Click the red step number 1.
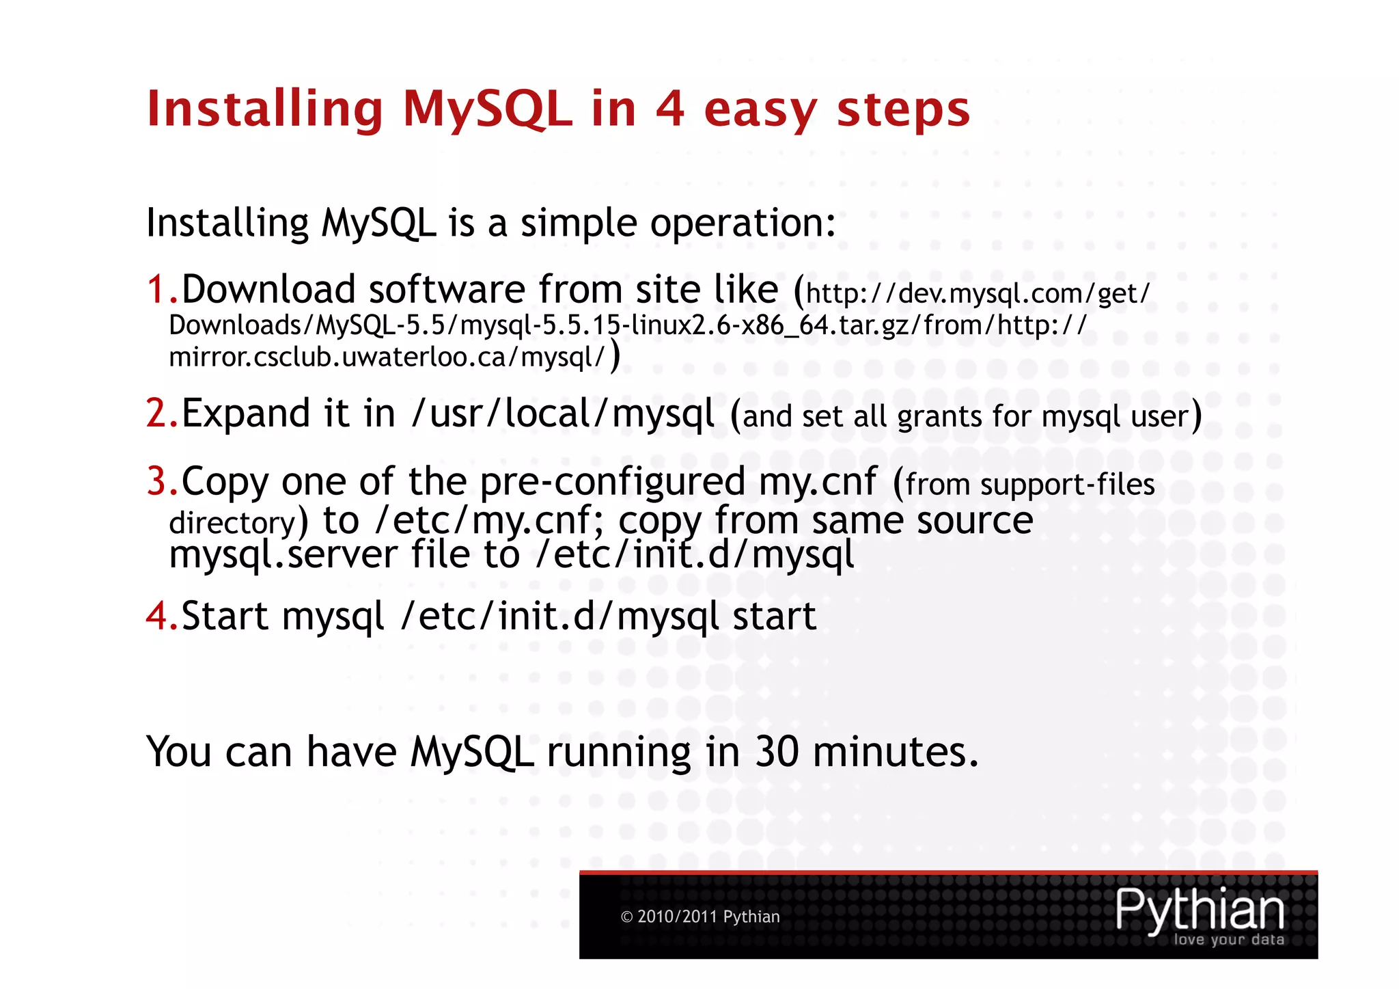coord(157,289)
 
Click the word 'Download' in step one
coord(268,289)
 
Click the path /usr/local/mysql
coord(563,414)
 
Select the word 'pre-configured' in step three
coord(612,481)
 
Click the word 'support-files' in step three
coord(1067,485)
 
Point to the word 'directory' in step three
coord(232,524)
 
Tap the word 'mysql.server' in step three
coord(283,554)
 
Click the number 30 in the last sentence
coord(777,752)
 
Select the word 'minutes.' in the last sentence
coord(896,752)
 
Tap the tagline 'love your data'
coord(1228,940)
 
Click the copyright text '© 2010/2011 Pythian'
coord(700,917)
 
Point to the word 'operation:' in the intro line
coord(743,223)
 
